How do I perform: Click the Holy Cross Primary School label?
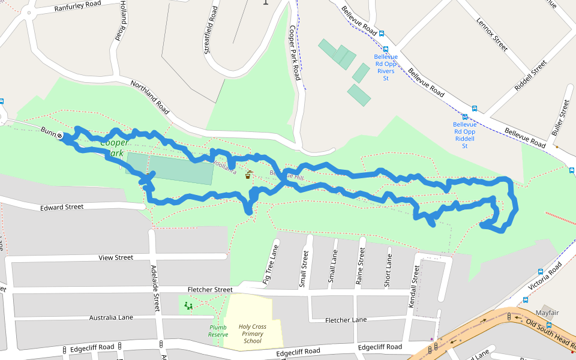(253, 334)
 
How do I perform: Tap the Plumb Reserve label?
(218, 331)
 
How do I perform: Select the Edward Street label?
(62, 207)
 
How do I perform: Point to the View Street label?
(116, 257)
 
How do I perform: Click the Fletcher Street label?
(209, 289)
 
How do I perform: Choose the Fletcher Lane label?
(346, 320)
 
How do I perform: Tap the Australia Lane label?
(111, 317)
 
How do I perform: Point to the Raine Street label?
(361, 266)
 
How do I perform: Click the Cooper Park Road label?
(294, 53)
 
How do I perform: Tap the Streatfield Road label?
(211, 30)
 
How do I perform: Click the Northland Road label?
(150, 98)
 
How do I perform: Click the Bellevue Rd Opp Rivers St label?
(386, 67)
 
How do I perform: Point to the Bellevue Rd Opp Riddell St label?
(464, 135)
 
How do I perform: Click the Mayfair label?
(547, 313)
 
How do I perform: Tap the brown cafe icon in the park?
(248, 175)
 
